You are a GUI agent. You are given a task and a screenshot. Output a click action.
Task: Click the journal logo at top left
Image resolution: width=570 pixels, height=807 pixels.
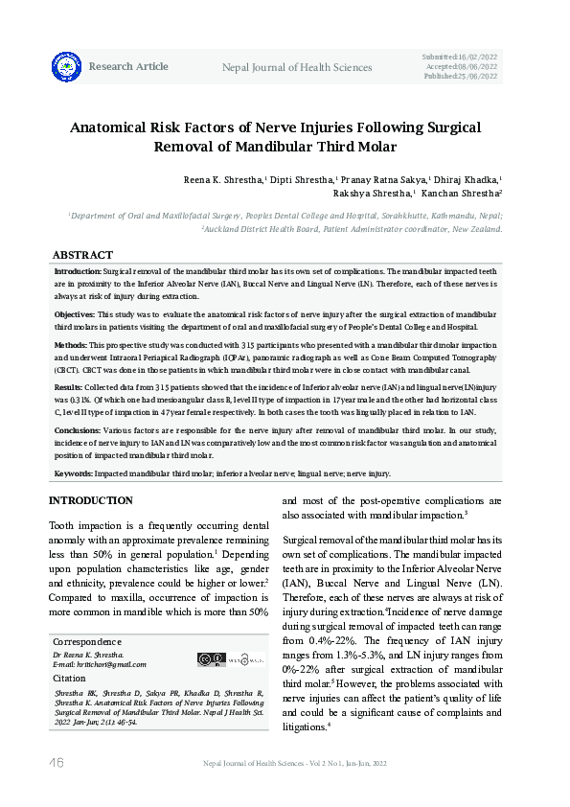(67, 66)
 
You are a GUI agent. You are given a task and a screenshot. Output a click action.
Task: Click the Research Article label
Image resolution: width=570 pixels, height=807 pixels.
(128, 67)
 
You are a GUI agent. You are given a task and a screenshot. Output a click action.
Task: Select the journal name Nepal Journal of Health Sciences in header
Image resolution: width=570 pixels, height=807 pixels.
(297, 67)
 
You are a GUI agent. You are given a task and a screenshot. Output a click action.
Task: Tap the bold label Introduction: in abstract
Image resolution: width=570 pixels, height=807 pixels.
(78, 272)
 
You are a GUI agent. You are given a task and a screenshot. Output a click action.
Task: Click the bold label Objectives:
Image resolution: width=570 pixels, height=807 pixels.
(75, 314)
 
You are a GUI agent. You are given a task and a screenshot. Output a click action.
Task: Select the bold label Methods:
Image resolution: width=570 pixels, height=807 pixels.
(72, 343)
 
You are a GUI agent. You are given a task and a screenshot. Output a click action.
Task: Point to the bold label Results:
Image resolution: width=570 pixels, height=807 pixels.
(69, 386)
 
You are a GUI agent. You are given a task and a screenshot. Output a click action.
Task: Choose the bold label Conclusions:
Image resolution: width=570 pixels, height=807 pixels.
(77, 429)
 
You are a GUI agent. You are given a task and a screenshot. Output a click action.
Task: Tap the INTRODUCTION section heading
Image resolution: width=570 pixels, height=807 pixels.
(91, 501)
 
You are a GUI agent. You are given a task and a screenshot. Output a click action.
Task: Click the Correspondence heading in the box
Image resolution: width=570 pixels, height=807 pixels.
(87, 641)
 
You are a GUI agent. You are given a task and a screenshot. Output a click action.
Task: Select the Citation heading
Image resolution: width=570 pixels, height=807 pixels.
(69, 678)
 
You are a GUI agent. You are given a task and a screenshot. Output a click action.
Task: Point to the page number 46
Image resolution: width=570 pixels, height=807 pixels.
(56, 762)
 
